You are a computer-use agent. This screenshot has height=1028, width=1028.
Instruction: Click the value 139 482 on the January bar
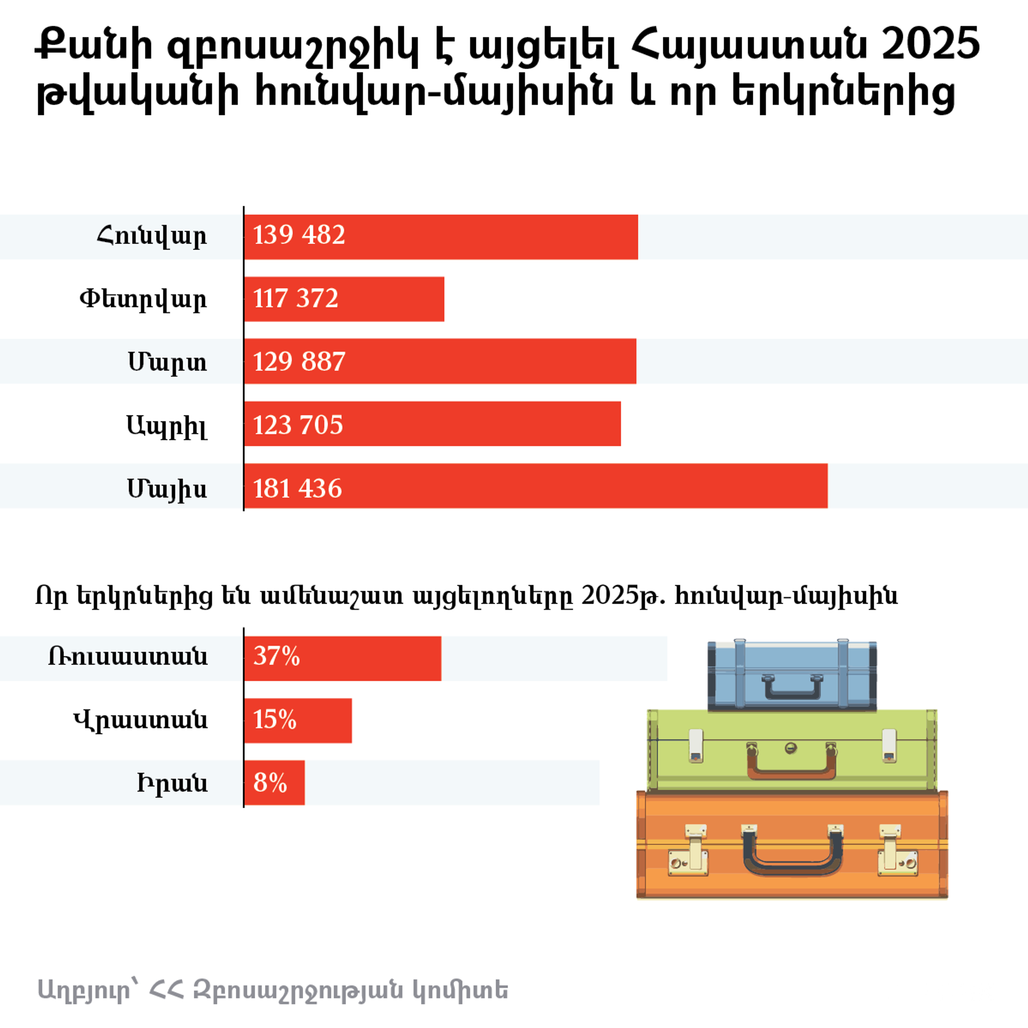[299, 235]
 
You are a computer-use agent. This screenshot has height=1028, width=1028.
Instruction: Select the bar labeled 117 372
[344, 299]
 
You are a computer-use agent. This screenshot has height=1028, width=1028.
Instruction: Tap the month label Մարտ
[167, 362]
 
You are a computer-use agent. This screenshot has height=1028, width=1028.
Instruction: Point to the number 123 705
[298, 425]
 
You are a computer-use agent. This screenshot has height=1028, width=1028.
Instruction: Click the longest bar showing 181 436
[535, 486]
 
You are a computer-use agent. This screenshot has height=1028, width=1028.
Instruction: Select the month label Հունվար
[152, 236]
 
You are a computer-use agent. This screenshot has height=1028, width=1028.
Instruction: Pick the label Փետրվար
[143, 299]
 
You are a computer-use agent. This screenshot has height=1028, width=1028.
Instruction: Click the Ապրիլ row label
[167, 427]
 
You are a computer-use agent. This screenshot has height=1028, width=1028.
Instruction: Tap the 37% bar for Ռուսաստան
[343, 659]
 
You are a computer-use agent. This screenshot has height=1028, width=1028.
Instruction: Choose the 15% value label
[275, 720]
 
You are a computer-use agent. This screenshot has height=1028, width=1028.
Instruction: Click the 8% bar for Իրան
[274, 783]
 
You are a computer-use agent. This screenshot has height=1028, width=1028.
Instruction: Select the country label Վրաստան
[140, 721]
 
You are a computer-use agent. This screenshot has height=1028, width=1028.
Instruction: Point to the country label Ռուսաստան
[128, 657]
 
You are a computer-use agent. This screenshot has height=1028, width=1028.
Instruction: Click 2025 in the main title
[931, 44]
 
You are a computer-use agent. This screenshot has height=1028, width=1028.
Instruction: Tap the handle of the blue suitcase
[792, 690]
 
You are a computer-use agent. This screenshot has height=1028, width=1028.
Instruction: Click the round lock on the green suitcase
[791, 748]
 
